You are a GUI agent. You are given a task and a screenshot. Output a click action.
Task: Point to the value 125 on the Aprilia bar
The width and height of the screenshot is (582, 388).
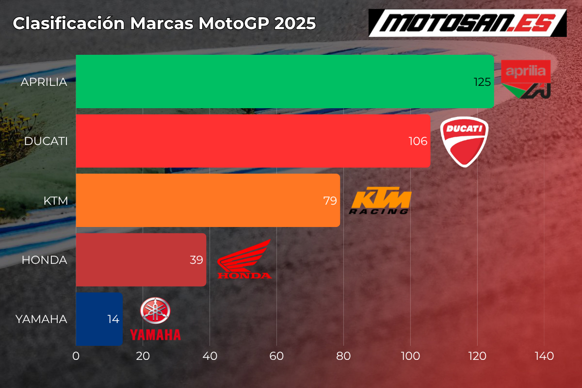point(483,82)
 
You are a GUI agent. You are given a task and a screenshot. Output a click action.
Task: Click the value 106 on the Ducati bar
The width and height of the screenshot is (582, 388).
point(418,141)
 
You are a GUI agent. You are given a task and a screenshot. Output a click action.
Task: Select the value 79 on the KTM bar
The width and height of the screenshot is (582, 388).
point(330,201)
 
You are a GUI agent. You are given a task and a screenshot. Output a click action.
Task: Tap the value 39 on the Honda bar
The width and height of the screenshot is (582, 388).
point(196,260)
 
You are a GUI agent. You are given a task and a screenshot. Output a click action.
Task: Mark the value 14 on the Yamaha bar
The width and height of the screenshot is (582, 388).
point(113,320)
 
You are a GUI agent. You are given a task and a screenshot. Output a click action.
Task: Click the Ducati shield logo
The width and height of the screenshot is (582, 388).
point(464,141)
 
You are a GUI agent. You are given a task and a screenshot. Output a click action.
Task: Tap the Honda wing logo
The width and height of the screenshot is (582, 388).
point(244,259)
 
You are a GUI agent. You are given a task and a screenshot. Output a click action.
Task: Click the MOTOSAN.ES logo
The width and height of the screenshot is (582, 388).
point(468,22)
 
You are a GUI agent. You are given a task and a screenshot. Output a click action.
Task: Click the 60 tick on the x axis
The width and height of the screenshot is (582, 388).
point(276,356)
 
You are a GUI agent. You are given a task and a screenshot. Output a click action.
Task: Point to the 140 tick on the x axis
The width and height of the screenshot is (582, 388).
point(544,356)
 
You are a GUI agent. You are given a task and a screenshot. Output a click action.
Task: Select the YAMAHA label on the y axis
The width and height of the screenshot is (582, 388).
point(41,319)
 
